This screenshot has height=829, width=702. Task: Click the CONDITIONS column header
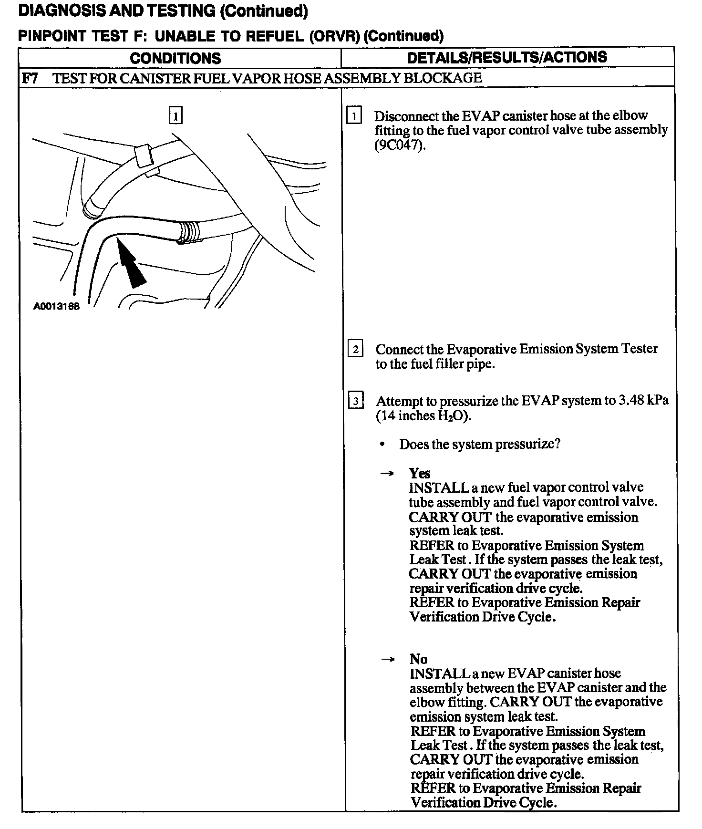[x=175, y=58]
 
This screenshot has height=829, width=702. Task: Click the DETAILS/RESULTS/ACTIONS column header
[x=507, y=57]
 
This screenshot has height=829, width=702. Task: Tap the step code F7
[x=31, y=78]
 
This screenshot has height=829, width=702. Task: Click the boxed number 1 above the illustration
[x=176, y=116]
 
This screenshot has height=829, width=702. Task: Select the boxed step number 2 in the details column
[x=355, y=350]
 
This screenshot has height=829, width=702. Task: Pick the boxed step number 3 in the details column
[x=356, y=401]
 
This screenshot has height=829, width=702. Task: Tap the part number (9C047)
[x=399, y=145]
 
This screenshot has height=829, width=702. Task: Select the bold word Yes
[x=420, y=473]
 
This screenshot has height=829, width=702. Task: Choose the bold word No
[x=418, y=659]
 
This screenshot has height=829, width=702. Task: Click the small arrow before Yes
[x=388, y=474]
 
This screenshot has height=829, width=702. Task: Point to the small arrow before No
[x=388, y=659]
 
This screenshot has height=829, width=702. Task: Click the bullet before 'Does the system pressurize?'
[x=382, y=445]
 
